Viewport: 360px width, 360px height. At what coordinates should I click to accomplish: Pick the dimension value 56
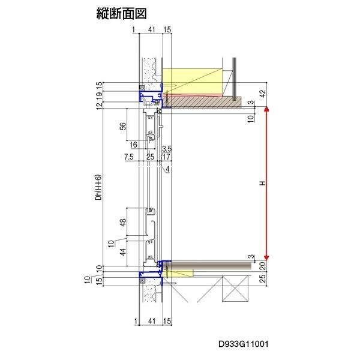(x=123, y=126)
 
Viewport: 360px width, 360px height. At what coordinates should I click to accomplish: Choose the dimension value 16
(x=133, y=145)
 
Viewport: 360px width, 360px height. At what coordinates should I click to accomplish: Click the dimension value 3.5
(x=167, y=148)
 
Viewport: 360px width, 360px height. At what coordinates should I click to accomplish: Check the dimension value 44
(x=123, y=253)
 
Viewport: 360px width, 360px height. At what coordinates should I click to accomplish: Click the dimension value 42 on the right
(x=262, y=94)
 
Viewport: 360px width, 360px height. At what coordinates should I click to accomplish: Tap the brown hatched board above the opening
(x=207, y=102)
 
